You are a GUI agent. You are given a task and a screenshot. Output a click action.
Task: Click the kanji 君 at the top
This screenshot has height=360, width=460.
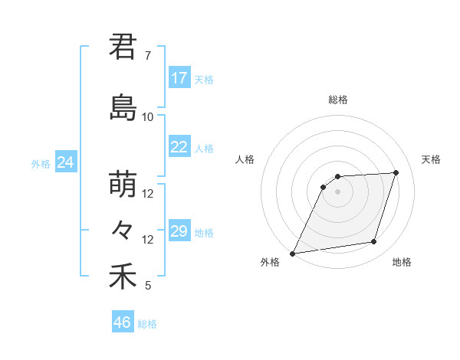pyautogui.click(x=123, y=46)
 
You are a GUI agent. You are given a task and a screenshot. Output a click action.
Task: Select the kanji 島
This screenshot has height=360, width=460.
pyautogui.click(x=123, y=108)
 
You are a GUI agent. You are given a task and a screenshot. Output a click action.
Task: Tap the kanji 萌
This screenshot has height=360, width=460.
pyautogui.click(x=123, y=185)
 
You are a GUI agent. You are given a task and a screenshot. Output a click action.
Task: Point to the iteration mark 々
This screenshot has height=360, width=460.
pyautogui.click(x=123, y=230)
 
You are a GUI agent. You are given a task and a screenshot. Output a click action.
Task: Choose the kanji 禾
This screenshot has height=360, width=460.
pyautogui.click(x=123, y=277)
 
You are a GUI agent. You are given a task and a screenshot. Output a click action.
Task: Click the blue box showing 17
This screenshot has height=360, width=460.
pyautogui.click(x=179, y=78)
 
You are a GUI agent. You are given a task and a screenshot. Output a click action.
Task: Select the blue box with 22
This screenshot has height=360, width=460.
pyautogui.click(x=179, y=147)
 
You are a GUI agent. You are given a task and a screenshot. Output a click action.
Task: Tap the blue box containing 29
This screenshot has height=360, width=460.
pyautogui.click(x=179, y=231)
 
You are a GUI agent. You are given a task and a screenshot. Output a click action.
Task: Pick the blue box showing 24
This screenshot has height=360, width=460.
pyautogui.click(x=66, y=162)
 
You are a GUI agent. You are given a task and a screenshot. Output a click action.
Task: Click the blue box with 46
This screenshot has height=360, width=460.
pyautogui.click(x=123, y=322)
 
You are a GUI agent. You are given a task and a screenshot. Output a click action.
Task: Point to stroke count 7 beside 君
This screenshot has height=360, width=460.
pyautogui.click(x=148, y=56)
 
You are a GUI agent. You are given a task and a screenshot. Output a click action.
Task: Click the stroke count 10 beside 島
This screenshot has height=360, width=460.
pyautogui.click(x=148, y=117)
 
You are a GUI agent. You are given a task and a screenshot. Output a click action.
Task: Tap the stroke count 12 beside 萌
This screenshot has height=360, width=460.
pyautogui.click(x=148, y=194)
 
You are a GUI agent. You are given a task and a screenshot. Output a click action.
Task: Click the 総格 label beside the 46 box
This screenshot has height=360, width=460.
pyautogui.click(x=147, y=324)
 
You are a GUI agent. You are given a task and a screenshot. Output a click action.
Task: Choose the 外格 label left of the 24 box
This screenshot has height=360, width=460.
pyautogui.click(x=41, y=164)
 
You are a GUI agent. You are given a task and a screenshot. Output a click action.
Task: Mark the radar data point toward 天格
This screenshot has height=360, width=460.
pyautogui.click(x=396, y=172)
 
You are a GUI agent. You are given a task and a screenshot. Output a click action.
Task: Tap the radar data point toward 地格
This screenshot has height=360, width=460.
pyautogui.click(x=374, y=242)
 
